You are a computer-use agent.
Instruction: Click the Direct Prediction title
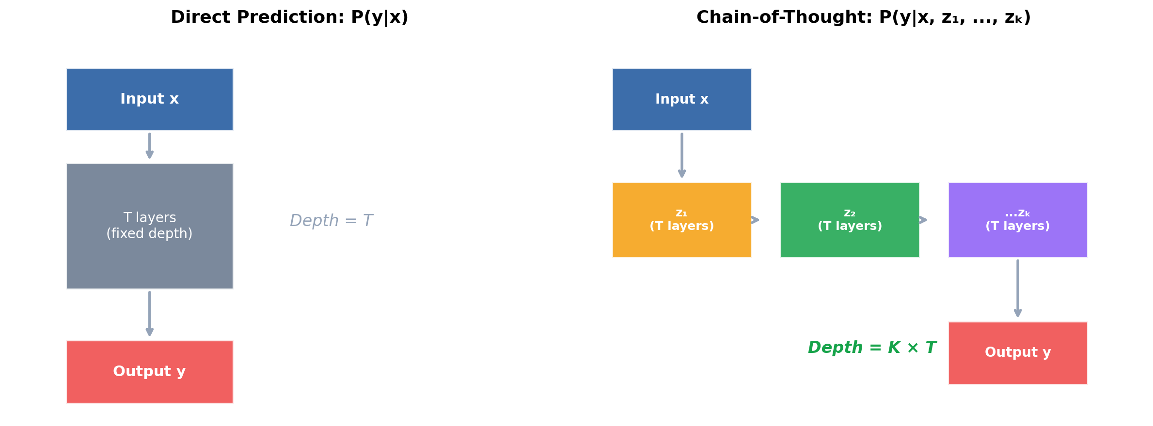click(289, 17)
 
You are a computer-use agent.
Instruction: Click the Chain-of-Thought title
click(863, 17)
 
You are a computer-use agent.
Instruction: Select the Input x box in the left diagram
click(149, 99)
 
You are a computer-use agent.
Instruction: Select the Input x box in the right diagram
click(681, 99)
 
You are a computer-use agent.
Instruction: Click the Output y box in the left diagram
click(149, 371)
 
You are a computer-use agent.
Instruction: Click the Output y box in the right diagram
click(1017, 352)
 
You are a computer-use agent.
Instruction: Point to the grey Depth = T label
click(331, 221)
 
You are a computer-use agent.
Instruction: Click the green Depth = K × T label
click(871, 348)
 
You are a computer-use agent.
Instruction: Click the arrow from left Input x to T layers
click(149, 145)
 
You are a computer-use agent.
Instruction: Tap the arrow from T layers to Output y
click(149, 313)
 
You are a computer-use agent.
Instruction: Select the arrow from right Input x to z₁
click(681, 155)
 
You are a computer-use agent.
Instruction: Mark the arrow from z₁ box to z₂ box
click(755, 220)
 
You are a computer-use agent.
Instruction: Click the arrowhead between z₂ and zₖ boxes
click(923, 220)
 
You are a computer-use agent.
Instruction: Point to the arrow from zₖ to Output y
click(1017, 288)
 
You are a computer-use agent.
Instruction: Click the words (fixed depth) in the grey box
click(149, 234)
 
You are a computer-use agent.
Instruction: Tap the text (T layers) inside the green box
click(849, 226)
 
